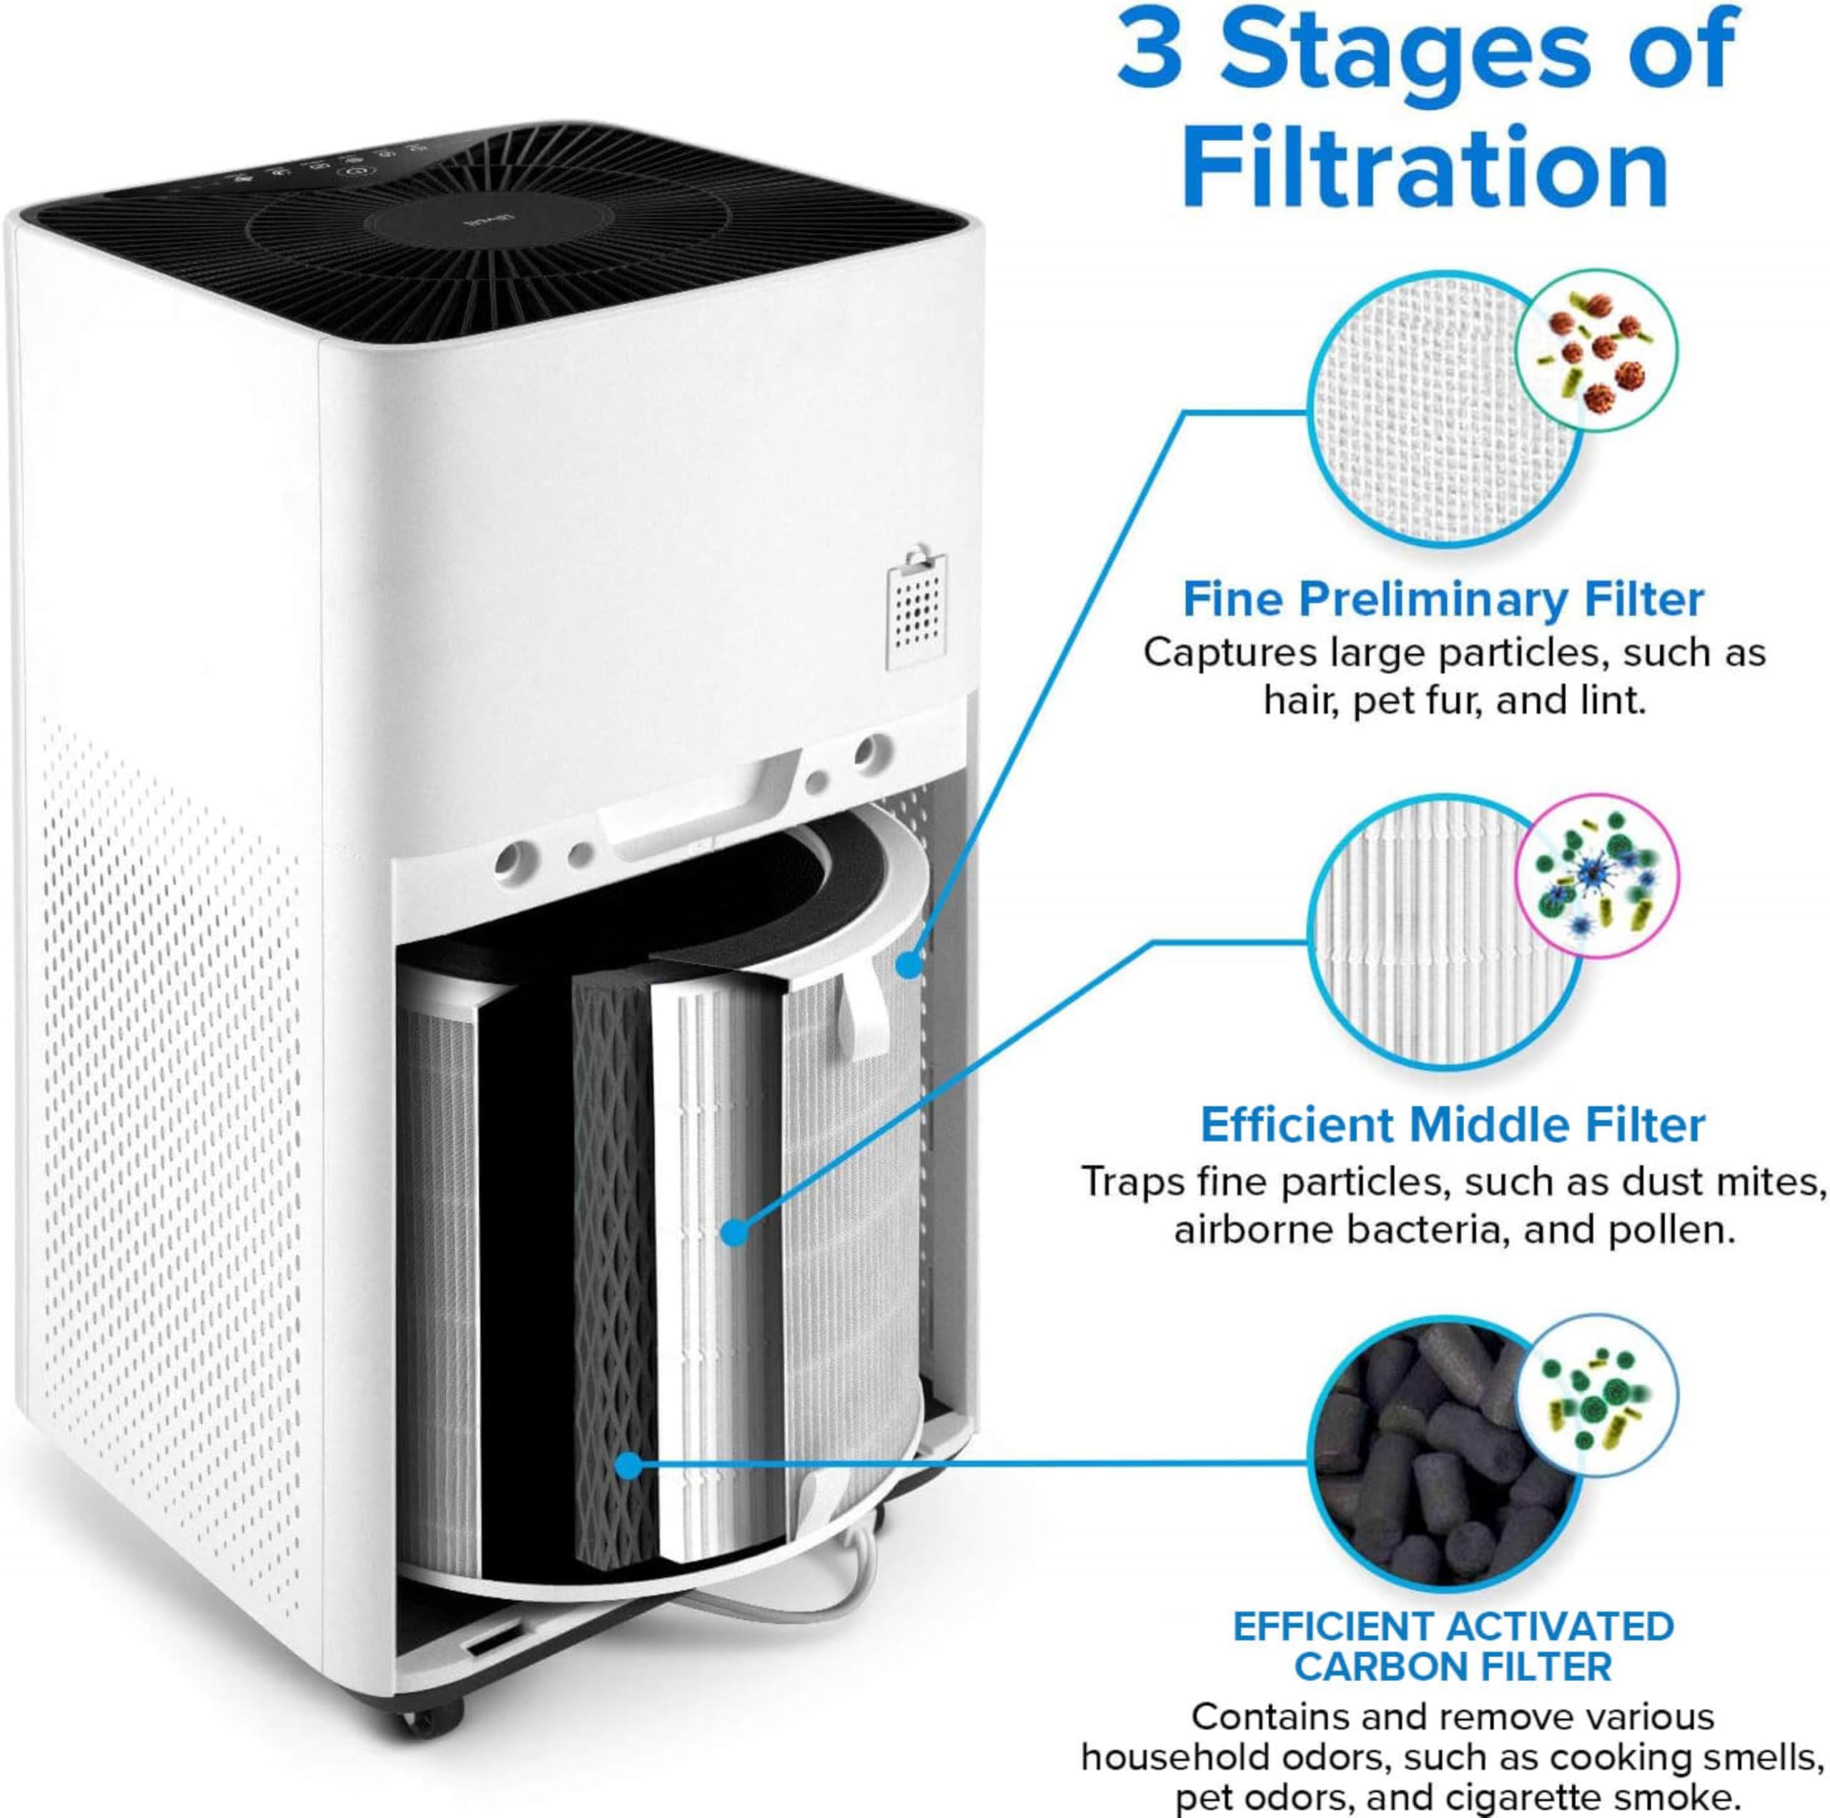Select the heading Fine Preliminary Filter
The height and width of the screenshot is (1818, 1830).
pyautogui.click(x=1443, y=600)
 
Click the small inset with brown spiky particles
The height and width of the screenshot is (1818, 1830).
pyautogui.click(x=1597, y=352)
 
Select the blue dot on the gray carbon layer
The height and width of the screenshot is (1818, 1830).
pyautogui.click(x=627, y=1466)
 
